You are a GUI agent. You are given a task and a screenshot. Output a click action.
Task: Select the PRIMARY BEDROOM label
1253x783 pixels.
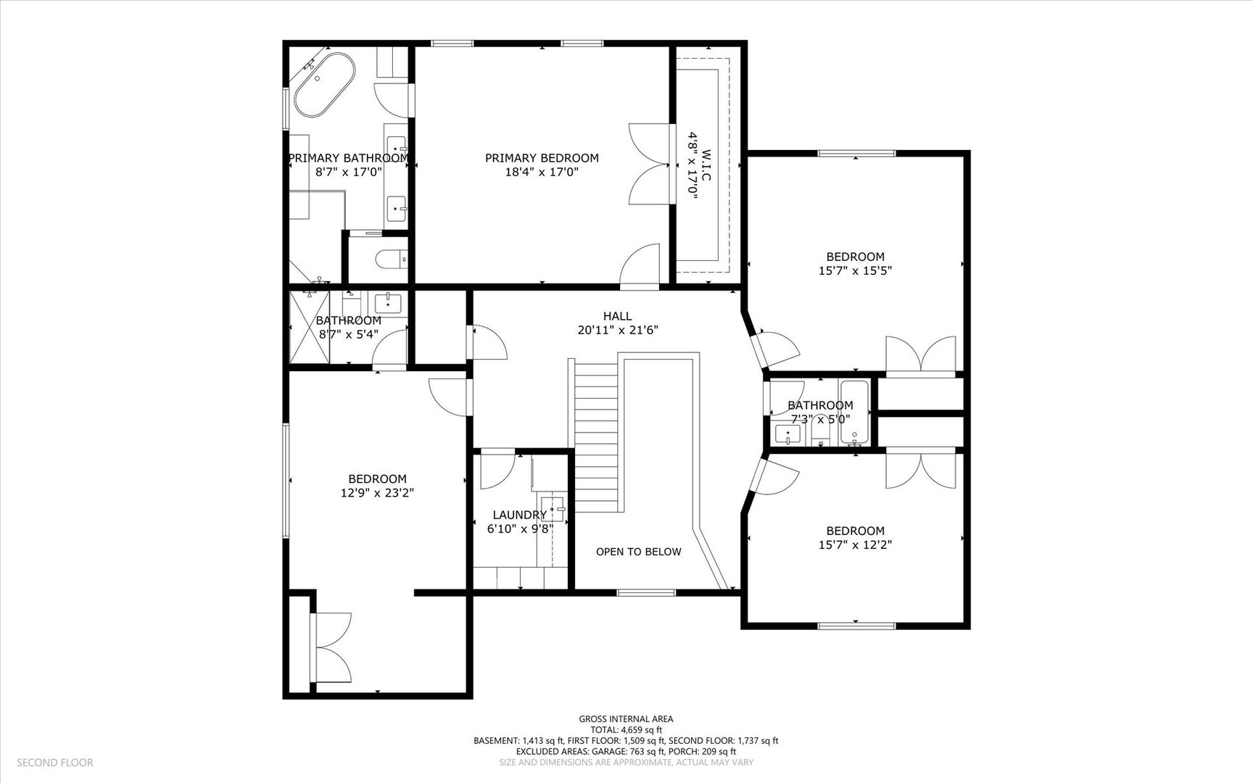[x=542, y=158]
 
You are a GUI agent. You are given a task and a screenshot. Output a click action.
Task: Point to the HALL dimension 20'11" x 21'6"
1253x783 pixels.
[x=617, y=330]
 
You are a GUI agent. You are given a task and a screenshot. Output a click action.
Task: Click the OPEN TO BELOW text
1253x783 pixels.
[x=638, y=552]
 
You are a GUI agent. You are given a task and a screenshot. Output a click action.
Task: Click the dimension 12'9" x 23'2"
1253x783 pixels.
[x=377, y=493]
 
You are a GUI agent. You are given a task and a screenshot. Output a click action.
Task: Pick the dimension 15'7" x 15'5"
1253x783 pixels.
[x=855, y=270]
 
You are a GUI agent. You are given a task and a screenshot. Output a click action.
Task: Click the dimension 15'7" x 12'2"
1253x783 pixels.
[x=855, y=544]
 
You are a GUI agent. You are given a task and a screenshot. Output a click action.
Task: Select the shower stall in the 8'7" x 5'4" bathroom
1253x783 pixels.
[x=310, y=326]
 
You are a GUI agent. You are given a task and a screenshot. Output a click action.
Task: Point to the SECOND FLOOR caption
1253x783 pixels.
[x=55, y=762]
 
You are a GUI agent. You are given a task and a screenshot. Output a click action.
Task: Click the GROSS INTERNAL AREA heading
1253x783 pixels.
[x=626, y=719]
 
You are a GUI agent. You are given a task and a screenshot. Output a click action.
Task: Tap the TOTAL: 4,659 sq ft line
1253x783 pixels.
[x=626, y=730]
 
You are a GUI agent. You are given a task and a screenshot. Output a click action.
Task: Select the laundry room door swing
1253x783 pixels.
[x=497, y=470]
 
